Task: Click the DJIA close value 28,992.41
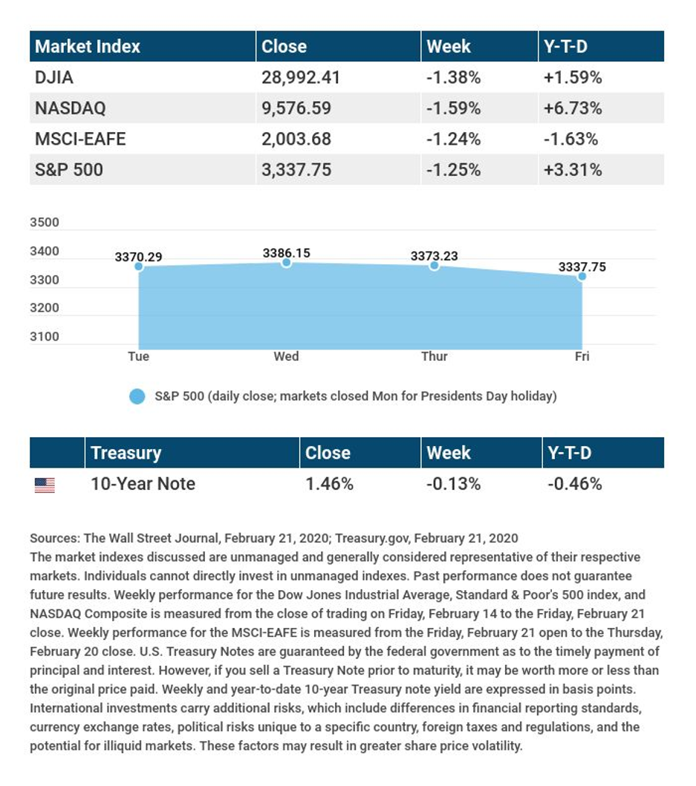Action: click(x=300, y=77)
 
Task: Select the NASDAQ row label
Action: click(x=70, y=108)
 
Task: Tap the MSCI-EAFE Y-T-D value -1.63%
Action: click(x=570, y=140)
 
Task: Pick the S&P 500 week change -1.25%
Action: click(x=453, y=171)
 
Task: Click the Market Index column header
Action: click(x=88, y=46)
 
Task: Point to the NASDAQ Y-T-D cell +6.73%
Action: click(x=572, y=108)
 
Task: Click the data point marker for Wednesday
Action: click(x=286, y=263)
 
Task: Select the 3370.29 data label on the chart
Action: click(x=138, y=258)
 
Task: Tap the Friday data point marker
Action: click(x=582, y=276)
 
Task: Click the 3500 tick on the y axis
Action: click(x=45, y=223)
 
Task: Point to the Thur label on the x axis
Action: click(x=434, y=356)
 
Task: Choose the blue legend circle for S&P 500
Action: click(x=137, y=396)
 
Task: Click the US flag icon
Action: click(x=45, y=485)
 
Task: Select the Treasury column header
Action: click(x=126, y=453)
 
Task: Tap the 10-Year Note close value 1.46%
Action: click(x=329, y=484)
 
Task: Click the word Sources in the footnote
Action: click(x=52, y=538)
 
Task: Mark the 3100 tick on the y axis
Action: click(x=45, y=337)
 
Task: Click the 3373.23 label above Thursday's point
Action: click(x=434, y=256)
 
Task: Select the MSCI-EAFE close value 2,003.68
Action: click(x=296, y=140)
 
